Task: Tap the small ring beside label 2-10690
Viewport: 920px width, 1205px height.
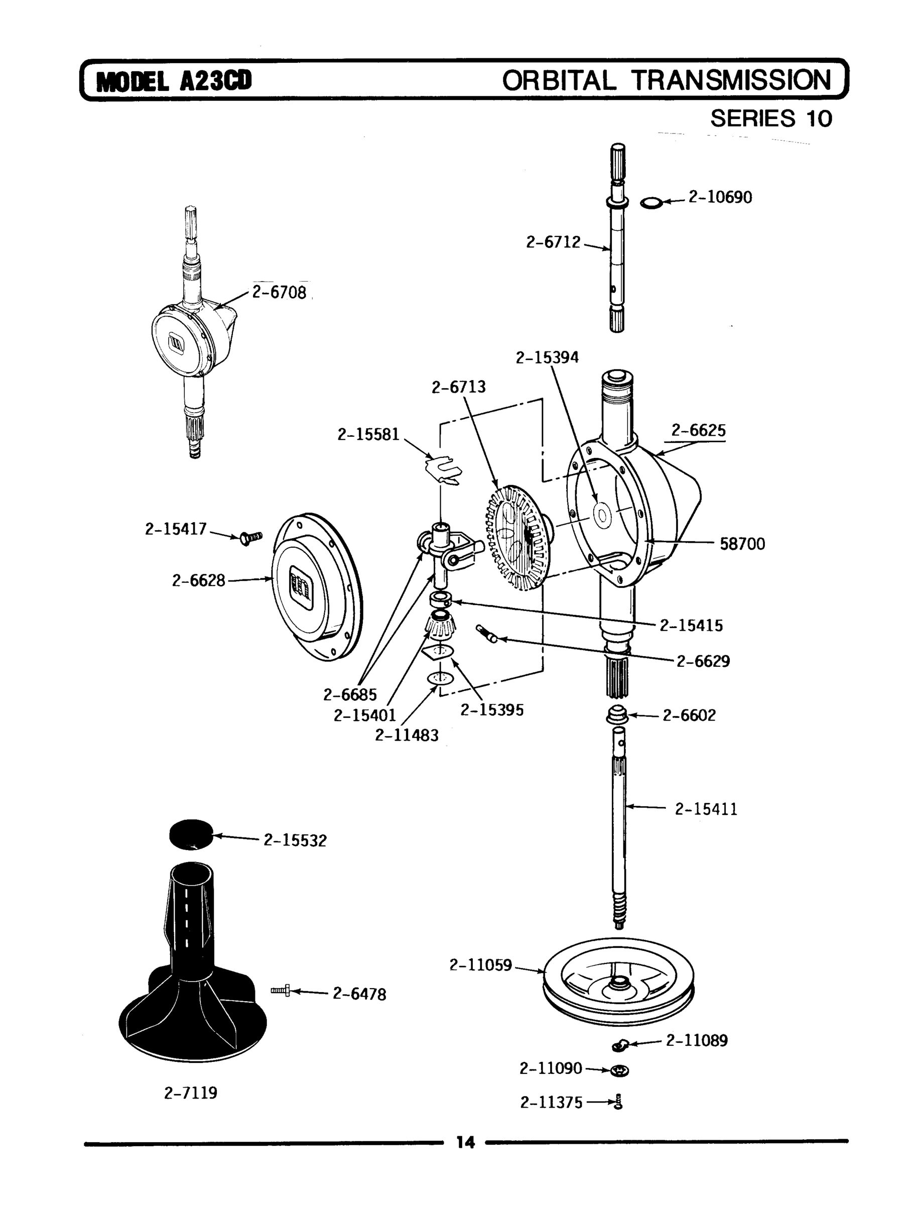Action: click(650, 204)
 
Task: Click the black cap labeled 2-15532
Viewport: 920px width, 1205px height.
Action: click(191, 835)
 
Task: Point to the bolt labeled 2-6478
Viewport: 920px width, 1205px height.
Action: click(280, 990)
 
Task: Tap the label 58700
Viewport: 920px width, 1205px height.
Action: click(742, 544)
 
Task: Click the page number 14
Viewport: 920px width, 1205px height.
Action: click(465, 1142)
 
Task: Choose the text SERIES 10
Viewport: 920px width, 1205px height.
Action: click(770, 118)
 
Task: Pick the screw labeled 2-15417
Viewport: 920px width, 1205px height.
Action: click(251, 537)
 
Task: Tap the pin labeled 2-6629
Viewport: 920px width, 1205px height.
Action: click(487, 634)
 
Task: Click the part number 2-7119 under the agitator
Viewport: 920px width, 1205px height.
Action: click(191, 1093)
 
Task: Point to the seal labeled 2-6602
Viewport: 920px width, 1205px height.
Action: click(617, 715)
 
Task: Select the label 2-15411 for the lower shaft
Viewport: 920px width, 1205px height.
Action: click(705, 809)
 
